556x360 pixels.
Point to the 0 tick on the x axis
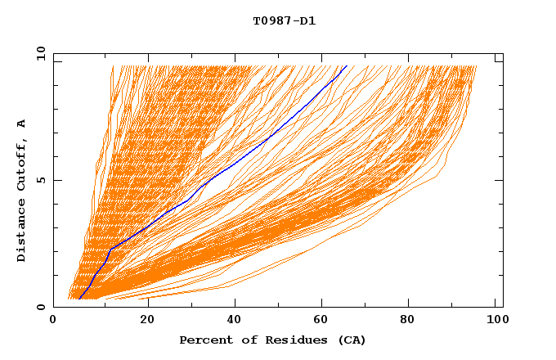coord(54,321)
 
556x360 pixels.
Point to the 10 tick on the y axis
coord(40,53)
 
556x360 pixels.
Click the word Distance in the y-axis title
coord(22,232)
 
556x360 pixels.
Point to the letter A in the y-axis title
coord(22,123)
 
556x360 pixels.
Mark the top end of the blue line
coord(347,65)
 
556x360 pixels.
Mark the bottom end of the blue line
coord(79,299)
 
